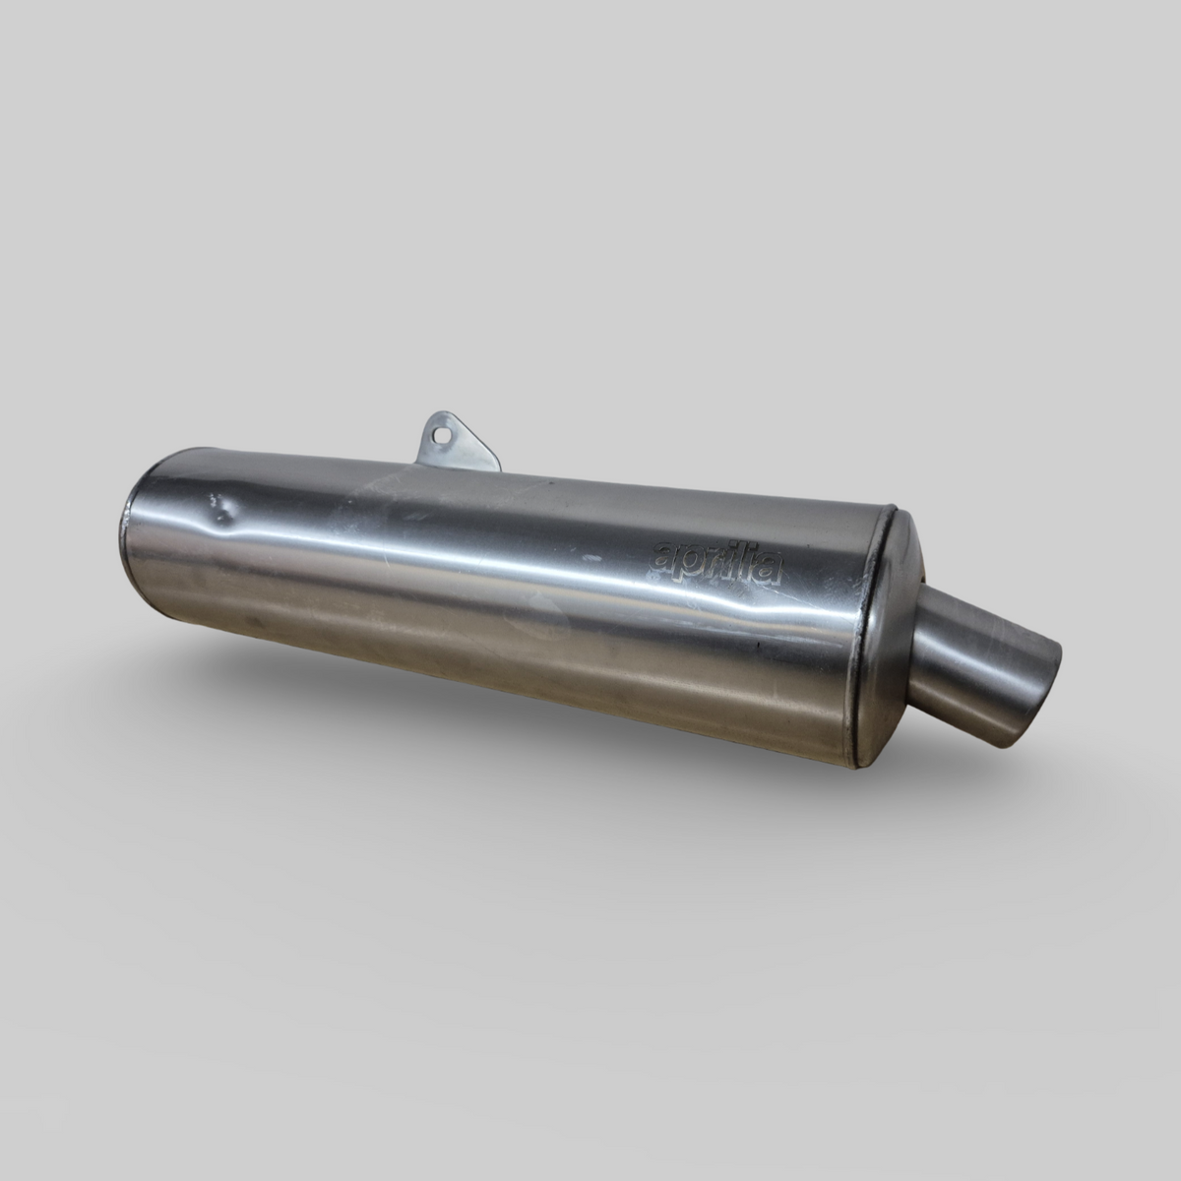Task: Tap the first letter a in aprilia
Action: click(664, 555)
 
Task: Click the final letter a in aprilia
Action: click(771, 571)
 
